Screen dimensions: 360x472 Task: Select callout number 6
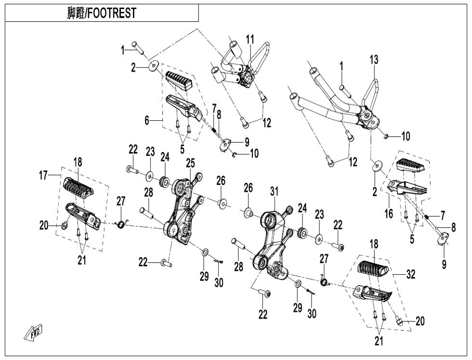point(147,121)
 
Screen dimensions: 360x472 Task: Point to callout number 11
point(249,40)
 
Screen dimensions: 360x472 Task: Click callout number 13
point(374,60)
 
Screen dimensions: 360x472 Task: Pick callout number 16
point(389,213)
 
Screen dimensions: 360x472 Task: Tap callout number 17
point(43,176)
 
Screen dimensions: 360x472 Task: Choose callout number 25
point(190,162)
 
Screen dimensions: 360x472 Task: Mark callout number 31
point(274,191)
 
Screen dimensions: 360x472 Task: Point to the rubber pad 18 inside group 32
point(374,271)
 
